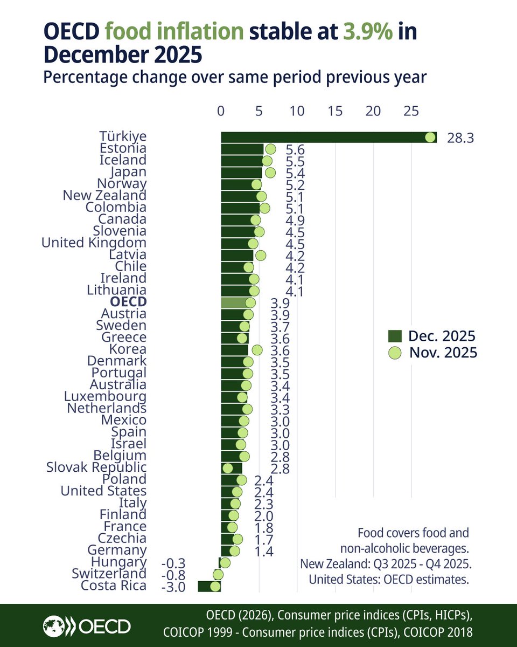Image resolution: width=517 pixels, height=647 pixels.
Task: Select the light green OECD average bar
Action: tap(235, 302)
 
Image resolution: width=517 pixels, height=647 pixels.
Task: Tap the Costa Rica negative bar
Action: tap(208, 587)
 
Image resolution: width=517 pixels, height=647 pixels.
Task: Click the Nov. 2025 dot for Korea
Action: tap(257, 350)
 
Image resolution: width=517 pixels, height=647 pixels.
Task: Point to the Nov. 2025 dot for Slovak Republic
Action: tap(227, 468)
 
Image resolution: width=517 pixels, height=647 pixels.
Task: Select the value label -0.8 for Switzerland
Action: tap(173, 575)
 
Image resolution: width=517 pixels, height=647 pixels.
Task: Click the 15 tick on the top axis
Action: tap(335, 111)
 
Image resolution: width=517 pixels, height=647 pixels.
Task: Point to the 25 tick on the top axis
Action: tap(411, 111)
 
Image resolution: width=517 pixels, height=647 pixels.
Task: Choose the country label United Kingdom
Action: tap(94, 243)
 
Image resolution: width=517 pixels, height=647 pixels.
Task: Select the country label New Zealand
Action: tap(104, 196)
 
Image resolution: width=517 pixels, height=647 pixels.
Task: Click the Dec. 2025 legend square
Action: tap(395, 337)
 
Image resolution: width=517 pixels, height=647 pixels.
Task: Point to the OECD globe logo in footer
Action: tap(60, 626)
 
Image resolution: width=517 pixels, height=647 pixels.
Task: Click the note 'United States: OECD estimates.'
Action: tap(389, 580)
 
